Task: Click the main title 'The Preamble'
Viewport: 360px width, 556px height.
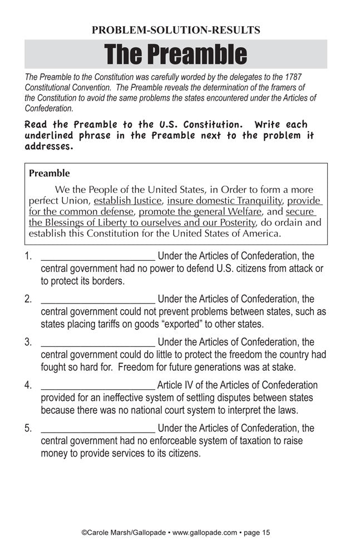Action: (175, 54)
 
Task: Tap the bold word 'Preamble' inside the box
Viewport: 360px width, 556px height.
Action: (50, 173)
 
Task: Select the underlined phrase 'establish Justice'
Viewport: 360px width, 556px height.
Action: (128, 201)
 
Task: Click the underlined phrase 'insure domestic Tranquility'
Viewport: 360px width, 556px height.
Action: (225, 201)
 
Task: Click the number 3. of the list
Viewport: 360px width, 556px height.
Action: (28, 342)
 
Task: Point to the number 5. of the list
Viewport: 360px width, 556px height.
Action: (28, 429)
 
